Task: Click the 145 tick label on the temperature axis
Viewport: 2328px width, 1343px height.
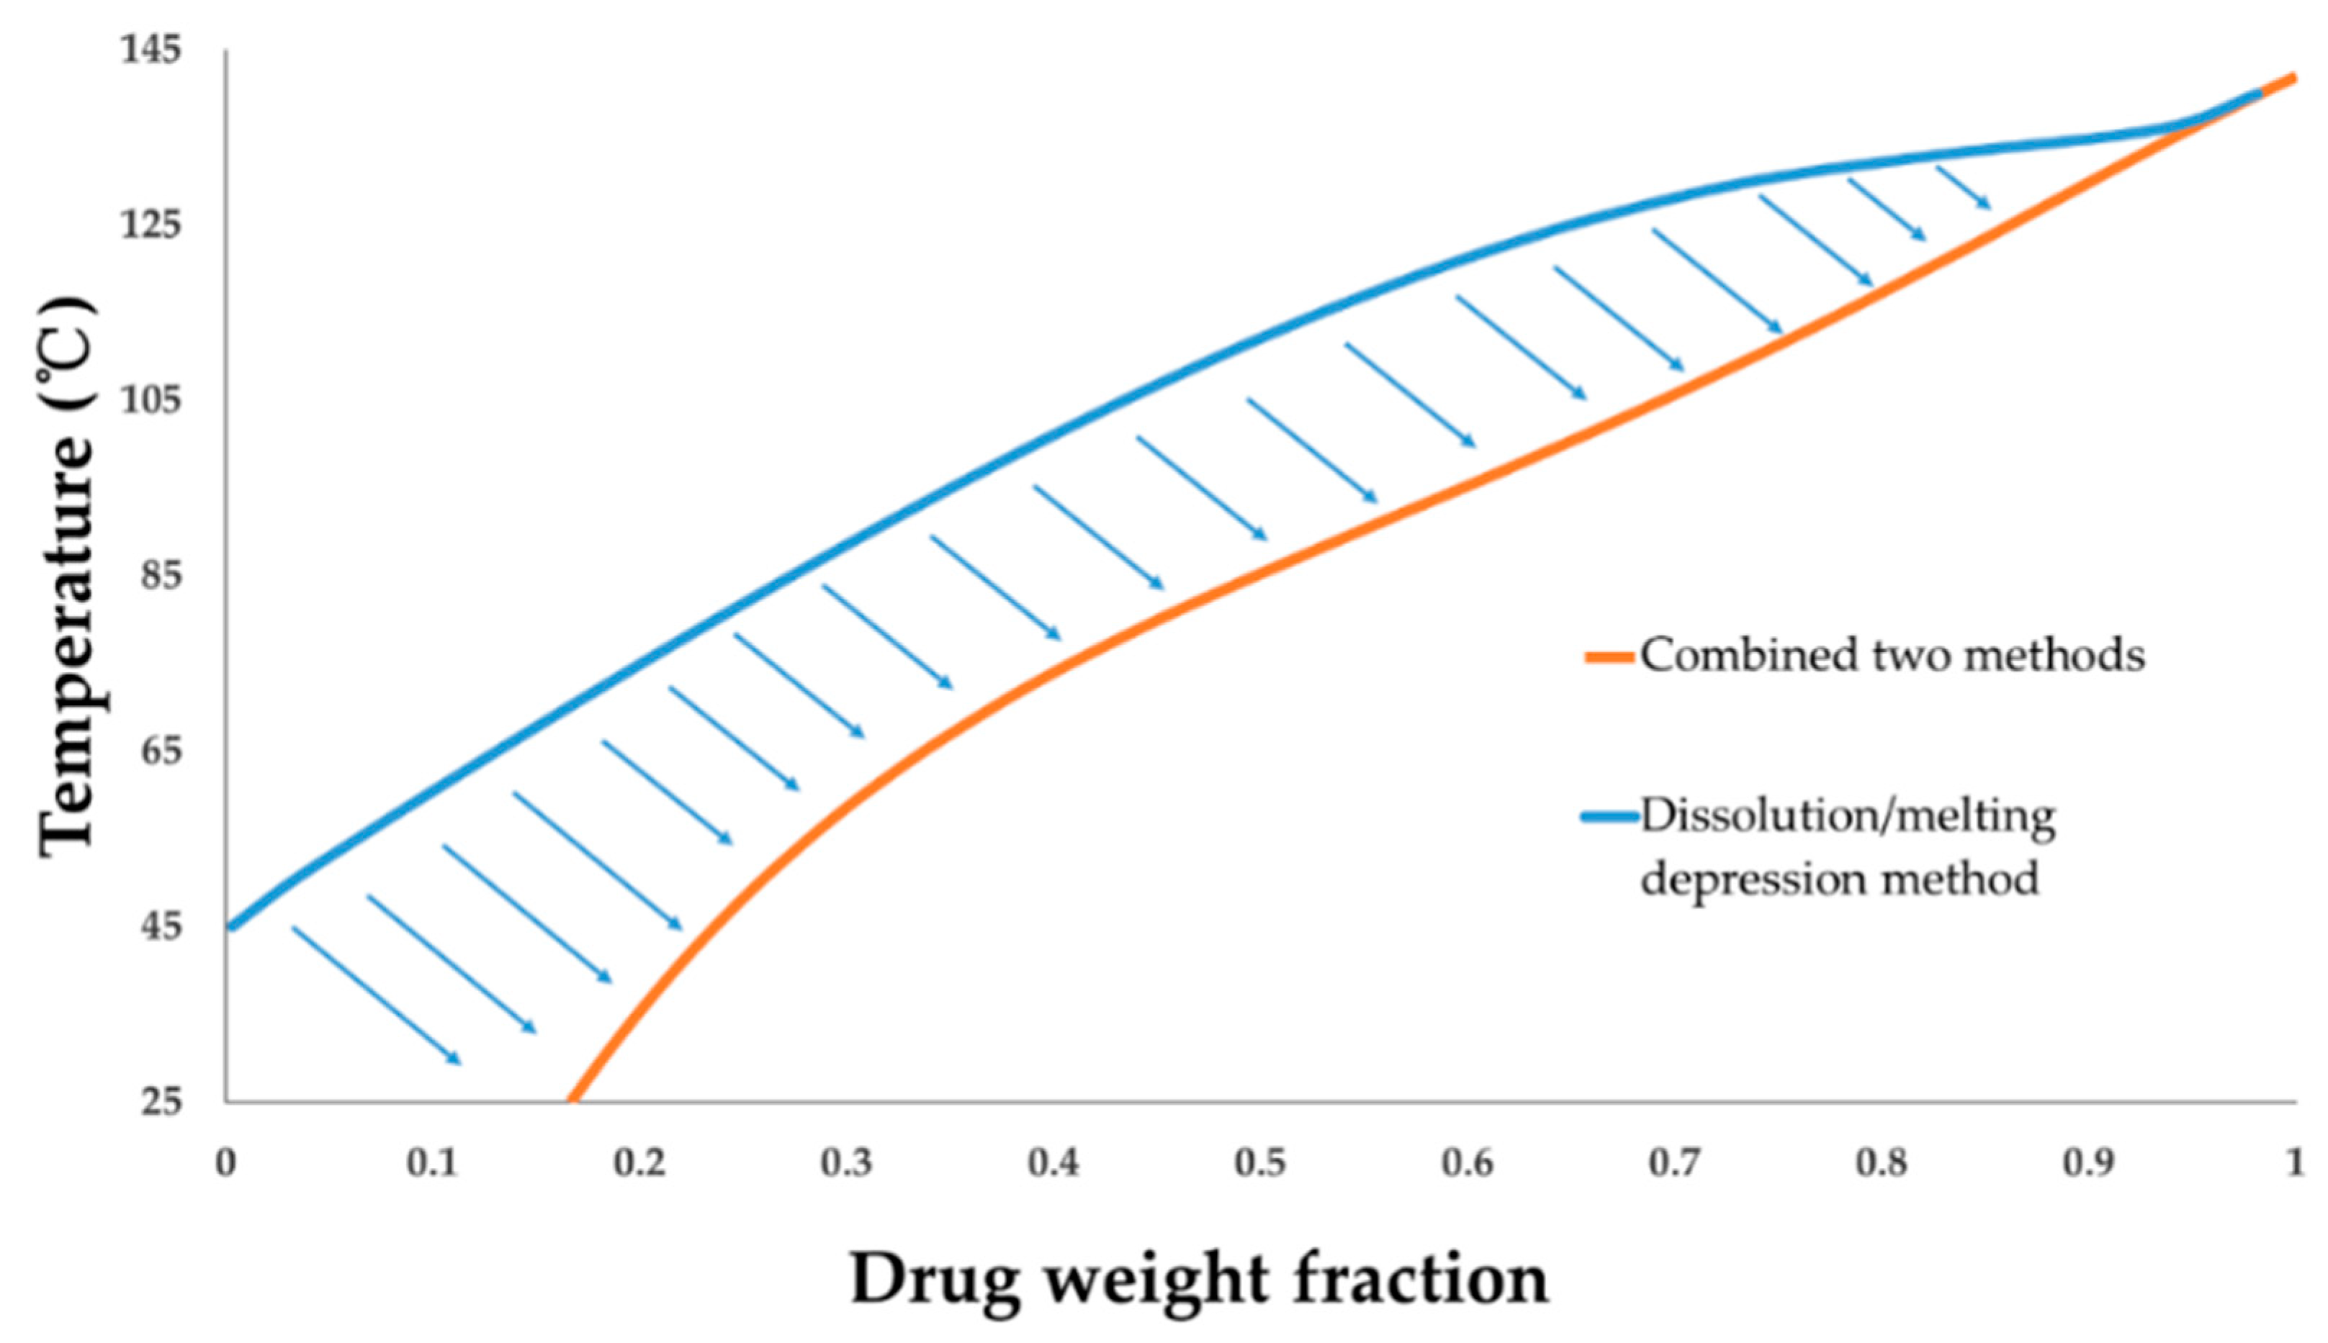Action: (x=151, y=50)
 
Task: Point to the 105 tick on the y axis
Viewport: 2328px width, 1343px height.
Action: (x=151, y=400)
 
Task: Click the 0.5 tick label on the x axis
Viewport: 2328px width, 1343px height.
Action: (x=1260, y=1163)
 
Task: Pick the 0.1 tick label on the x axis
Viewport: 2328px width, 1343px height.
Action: (x=432, y=1163)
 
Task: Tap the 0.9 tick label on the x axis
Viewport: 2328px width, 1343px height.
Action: (x=2088, y=1163)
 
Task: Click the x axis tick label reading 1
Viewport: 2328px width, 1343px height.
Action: (x=2295, y=1163)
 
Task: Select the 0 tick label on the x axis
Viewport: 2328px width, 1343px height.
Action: (x=226, y=1163)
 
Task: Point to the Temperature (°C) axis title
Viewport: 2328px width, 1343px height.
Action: (x=66, y=576)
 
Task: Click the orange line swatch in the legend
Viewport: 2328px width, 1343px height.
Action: (x=1610, y=656)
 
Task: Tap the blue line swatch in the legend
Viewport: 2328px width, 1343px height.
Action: (x=1610, y=817)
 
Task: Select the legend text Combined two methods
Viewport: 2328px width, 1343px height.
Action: (x=1892, y=655)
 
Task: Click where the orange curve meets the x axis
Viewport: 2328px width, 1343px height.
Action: (x=570, y=1100)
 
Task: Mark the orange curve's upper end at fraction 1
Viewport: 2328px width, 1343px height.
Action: (x=2293, y=78)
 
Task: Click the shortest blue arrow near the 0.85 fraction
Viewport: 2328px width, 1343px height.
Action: (x=1963, y=187)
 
